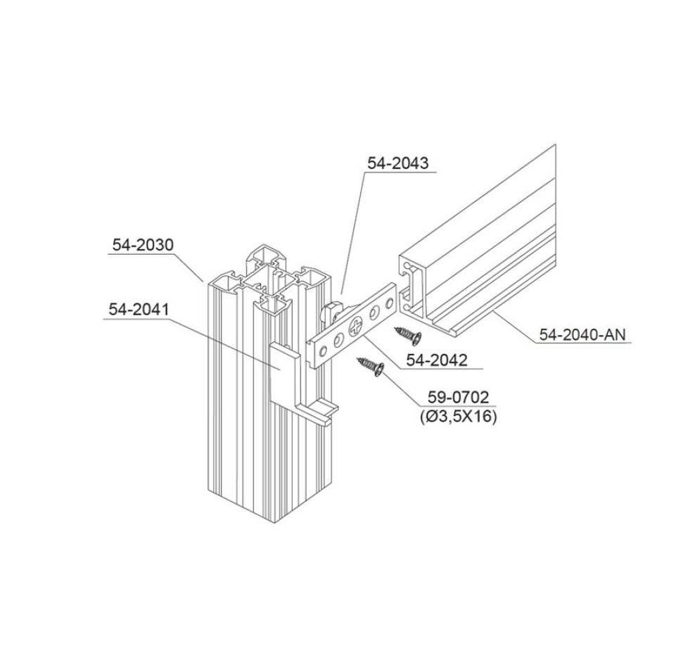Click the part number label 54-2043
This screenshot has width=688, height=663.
[397, 163]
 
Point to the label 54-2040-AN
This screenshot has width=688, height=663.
[582, 335]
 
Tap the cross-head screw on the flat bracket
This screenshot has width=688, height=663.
[356, 327]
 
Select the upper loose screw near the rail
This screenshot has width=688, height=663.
[407, 335]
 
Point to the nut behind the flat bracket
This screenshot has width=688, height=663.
[331, 310]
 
